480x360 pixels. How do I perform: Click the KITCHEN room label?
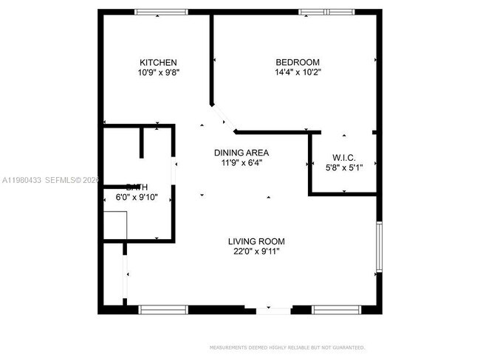159,62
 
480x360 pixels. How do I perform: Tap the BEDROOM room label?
298,62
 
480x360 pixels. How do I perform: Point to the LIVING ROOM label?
256,241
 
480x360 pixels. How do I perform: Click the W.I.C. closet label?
344,156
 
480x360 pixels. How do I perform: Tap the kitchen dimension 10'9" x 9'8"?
159,72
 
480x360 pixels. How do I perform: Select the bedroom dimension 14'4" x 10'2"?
298,72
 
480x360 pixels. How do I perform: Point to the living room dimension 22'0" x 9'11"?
256,252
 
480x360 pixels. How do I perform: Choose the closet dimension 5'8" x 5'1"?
344,167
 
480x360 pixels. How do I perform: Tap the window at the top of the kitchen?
161,12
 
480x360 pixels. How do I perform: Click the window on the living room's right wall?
379,246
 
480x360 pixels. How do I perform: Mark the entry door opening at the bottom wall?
274,311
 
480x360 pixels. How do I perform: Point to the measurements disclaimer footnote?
287,347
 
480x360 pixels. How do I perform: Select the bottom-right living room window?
337,310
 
